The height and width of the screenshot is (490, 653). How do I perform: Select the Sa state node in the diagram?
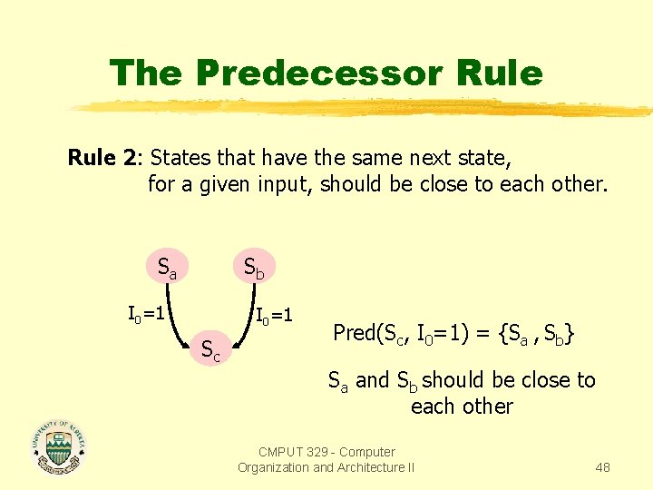(x=167, y=268)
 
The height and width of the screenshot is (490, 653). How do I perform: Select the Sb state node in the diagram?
(x=254, y=268)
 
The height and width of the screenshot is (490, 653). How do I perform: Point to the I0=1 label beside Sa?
(x=145, y=314)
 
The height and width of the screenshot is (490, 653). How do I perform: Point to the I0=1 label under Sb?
(x=274, y=317)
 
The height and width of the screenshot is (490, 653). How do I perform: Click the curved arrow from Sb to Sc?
(x=245, y=313)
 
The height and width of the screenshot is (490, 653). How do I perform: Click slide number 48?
(x=602, y=467)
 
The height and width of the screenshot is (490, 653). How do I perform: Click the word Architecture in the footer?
(x=369, y=467)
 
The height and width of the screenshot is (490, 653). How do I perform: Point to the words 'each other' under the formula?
(x=462, y=406)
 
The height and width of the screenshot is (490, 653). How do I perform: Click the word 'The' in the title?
(x=147, y=73)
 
